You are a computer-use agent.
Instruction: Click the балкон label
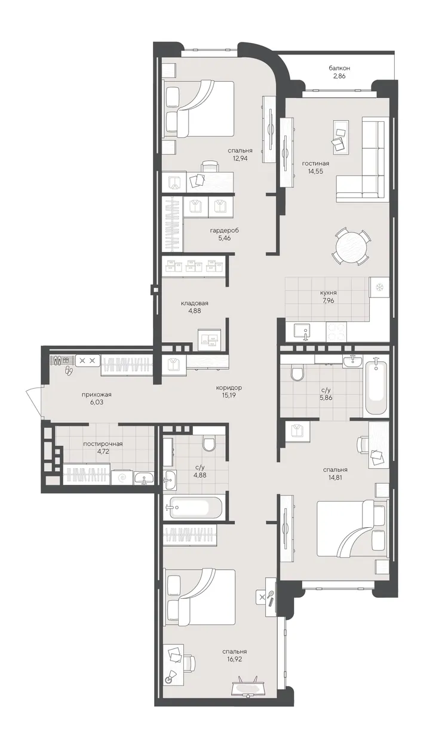pos(339,68)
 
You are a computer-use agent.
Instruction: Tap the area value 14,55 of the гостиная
pos(315,171)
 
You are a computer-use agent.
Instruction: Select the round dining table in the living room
pos(351,247)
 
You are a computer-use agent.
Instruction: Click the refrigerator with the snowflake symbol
pos(379,287)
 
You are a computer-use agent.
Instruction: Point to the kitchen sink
pos(302,332)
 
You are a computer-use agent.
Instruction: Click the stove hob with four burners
pos(336,332)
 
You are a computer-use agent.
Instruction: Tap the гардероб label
pos(225,230)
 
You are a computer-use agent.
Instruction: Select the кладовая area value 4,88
pos(195,310)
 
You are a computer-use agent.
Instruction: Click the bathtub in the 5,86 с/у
pos(375,385)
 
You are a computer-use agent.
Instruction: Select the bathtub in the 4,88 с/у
pos(192,508)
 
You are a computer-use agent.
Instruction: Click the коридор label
pos(229,388)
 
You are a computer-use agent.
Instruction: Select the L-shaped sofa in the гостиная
pos(363,159)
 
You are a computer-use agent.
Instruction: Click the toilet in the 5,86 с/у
pos(297,373)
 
